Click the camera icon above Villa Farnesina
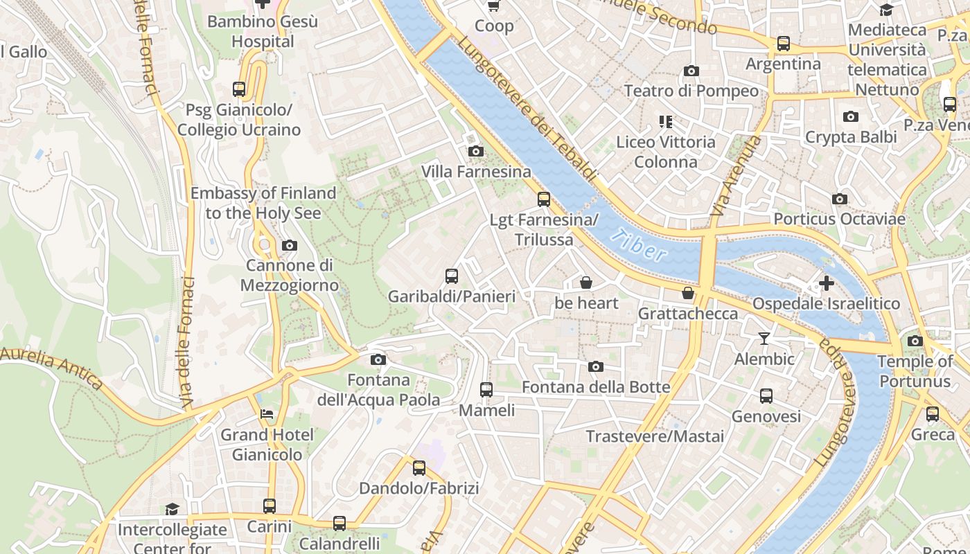coord(475,151)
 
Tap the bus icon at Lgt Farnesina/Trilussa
coord(544,199)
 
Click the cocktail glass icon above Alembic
coord(764,338)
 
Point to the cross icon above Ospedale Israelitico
coord(826,283)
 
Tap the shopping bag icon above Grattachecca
coord(688,293)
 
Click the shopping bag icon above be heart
coord(586,283)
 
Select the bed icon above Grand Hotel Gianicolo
coord(267,414)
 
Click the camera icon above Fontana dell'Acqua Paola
coord(378,359)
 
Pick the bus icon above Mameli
coord(486,389)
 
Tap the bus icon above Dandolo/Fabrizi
coord(419,467)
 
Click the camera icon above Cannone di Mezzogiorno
coord(290,245)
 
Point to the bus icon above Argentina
coord(784,43)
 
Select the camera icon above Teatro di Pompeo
coord(691,71)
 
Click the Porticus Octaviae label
coord(839,219)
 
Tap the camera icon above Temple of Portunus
coord(915,341)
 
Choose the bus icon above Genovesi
coord(766,396)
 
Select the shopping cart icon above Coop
coord(493,6)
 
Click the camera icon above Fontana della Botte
coord(596,366)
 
